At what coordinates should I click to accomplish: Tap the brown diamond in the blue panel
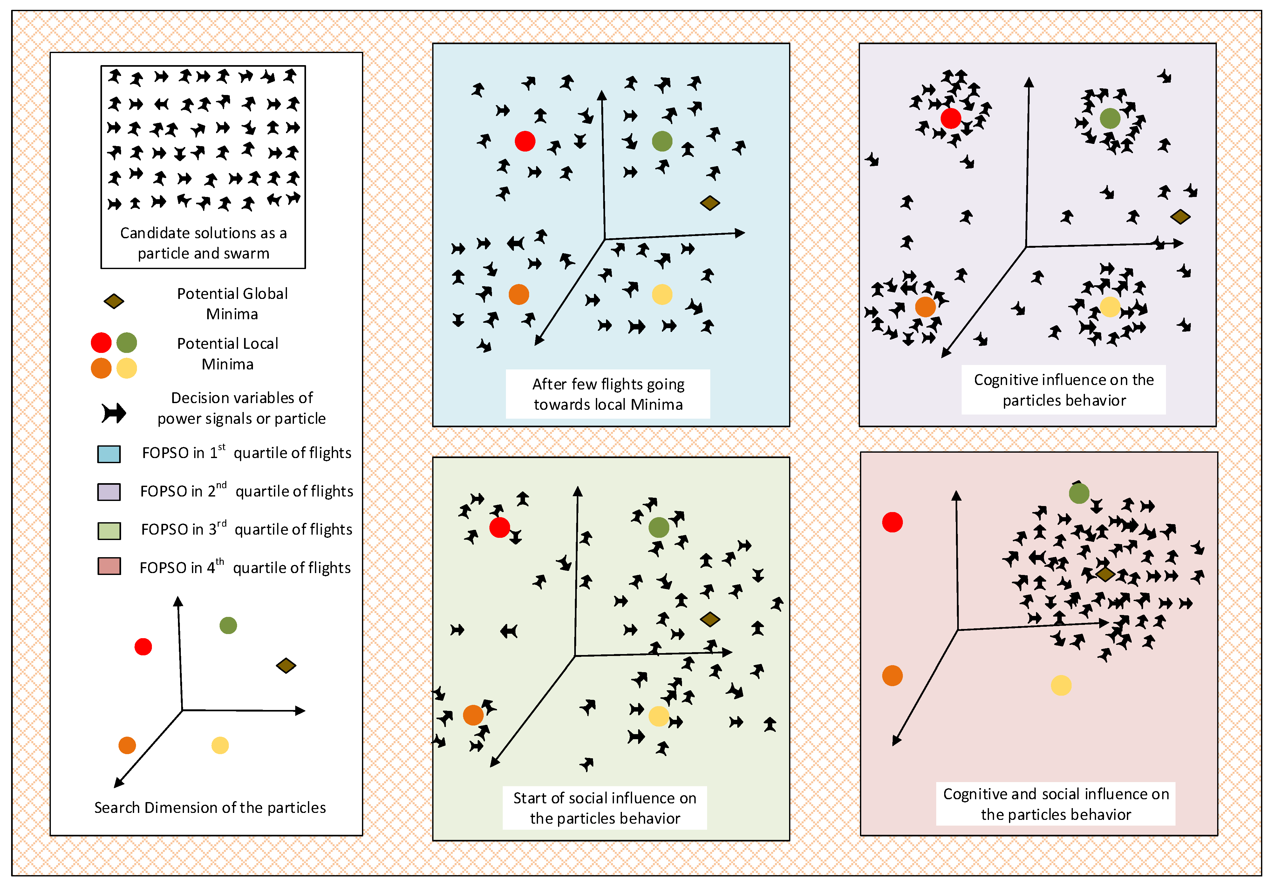click(x=710, y=203)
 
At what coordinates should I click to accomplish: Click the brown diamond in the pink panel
click(x=1105, y=574)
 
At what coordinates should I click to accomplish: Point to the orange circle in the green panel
click(x=473, y=715)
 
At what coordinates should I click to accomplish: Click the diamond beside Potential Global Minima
click(x=114, y=301)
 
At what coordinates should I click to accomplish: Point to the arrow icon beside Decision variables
click(x=114, y=413)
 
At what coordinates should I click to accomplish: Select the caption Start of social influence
click(x=605, y=808)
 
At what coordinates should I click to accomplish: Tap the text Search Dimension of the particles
click(x=210, y=808)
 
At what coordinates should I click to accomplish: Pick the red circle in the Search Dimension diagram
click(x=143, y=646)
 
